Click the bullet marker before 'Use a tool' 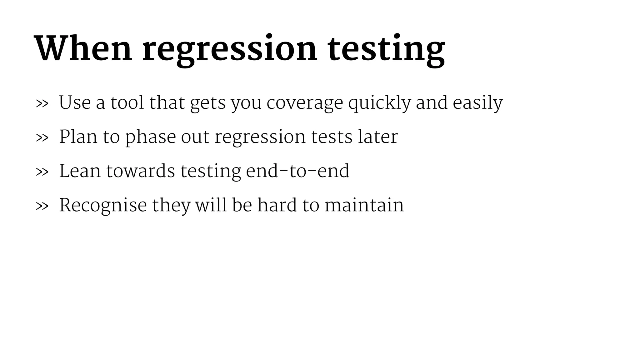(x=42, y=103)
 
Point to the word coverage (x=305, y=103)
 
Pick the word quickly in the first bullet (x=379, y=103)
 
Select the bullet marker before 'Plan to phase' (x=42, y=137)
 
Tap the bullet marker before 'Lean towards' (x=42, y=172)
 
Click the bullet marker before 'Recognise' (x=42, y=206)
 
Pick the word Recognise (x=103, y=206)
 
